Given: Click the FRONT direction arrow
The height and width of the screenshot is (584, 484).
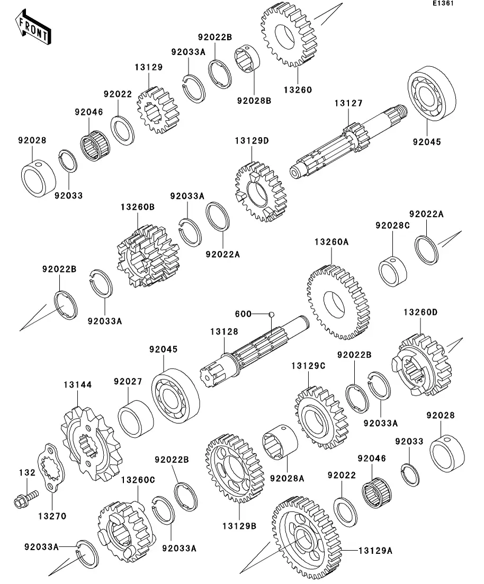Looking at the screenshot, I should pos(33,30).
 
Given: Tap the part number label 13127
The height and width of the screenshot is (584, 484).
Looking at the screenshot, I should pos(348,104).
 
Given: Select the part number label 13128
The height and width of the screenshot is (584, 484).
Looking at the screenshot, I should pos(224,331).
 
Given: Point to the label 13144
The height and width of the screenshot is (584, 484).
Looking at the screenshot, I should pos(78,385).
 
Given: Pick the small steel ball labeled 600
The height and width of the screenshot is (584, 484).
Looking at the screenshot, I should pos(271,314).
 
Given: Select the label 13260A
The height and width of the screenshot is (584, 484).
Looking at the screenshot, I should pos(331,241).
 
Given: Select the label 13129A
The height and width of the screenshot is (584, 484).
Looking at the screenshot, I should pos(375,551).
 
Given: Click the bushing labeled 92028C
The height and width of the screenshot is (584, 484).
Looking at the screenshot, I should pos(392,269).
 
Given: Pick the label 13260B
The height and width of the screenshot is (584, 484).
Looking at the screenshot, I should pos(138,207).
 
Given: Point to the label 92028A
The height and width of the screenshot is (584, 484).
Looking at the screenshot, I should pos(287,478).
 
